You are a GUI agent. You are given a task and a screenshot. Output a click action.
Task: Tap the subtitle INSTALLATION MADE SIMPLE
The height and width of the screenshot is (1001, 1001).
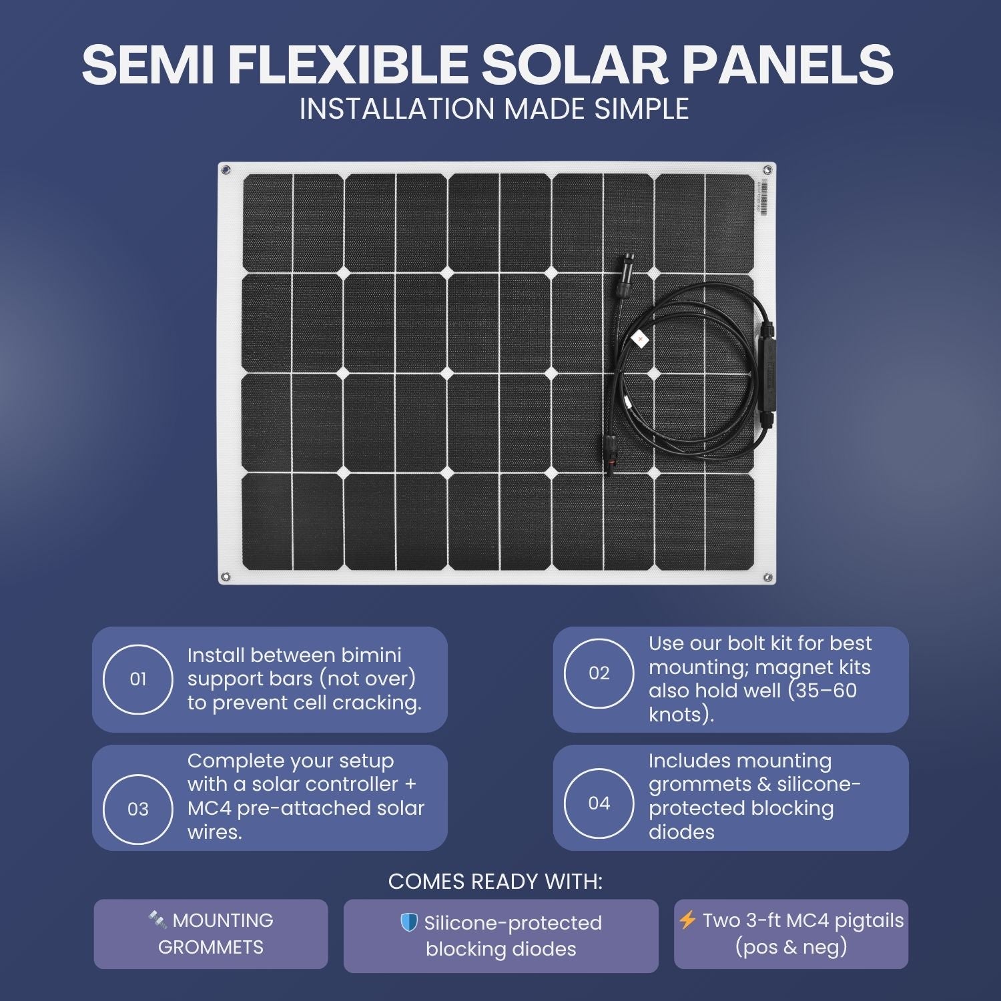pos(494,109)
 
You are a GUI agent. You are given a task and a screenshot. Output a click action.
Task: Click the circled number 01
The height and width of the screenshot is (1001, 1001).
pos(138,679)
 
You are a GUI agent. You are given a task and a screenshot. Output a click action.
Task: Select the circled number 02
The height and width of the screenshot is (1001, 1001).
pos(599,673)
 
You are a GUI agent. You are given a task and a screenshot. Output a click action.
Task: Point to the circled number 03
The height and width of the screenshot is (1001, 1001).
pos(138,809)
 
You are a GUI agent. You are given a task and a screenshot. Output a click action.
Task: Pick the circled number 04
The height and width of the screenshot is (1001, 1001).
pos(599,803)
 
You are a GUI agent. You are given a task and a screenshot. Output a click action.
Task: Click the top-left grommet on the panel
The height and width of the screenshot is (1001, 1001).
pos(226,170)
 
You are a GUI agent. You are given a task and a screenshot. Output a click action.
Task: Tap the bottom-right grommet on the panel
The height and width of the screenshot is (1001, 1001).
pos(767,577)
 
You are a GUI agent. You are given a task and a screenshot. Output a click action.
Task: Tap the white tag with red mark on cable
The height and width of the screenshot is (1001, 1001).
pos(641,339)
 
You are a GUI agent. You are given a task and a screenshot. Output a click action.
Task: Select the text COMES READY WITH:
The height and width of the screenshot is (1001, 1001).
pos(495,882)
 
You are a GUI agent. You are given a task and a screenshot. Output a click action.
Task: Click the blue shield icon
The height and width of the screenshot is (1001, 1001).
pos(408,923)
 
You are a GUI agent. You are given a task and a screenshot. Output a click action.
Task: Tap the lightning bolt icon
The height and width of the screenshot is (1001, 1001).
pos(687,920)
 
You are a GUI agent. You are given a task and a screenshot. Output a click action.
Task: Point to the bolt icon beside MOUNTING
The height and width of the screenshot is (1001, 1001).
pos(157,920)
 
